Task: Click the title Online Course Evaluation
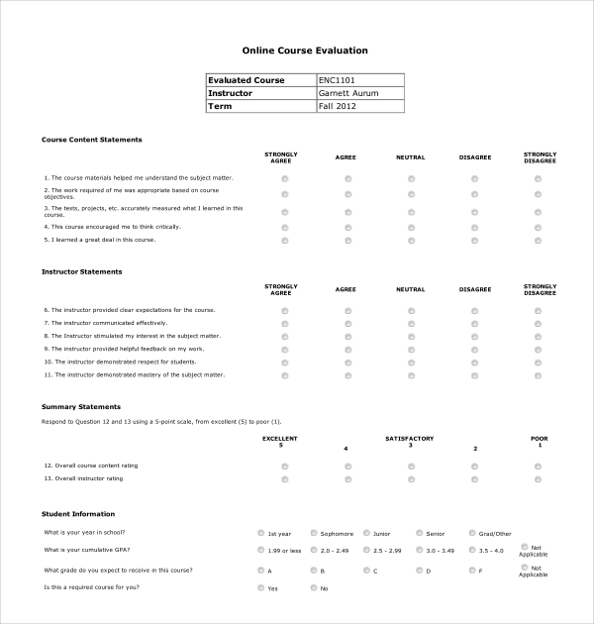click(x=305, y=50)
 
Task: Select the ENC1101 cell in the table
click(x=337, y=80)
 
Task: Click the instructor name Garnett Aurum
click(x=347, y=93)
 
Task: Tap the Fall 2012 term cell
click(x=337, y=106)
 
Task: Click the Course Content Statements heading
click(x=91, y=140)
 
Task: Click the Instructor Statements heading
click(x=81, y=271)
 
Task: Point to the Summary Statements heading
click(x=81, y=406)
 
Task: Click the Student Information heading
click(x=77, y=514)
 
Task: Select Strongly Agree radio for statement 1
click(x=285, y=179)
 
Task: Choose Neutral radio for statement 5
click(x=411, y=240)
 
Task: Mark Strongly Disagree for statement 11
click(x=538, y=375)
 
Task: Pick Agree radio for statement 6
click(x=347, y=311)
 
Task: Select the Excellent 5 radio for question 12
click(x=285, y=466)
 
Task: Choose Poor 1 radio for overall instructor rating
click(x=538, y=479)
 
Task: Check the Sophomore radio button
click(x=314, y=533)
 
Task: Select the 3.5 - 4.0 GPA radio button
click(x=471, y=550)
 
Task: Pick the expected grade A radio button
click(x=260, y=571)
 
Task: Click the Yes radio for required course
click(x=260, y=588)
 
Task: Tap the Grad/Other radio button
click(x=471, y=533)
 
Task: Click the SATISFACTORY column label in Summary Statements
click(x=410, y=438)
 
